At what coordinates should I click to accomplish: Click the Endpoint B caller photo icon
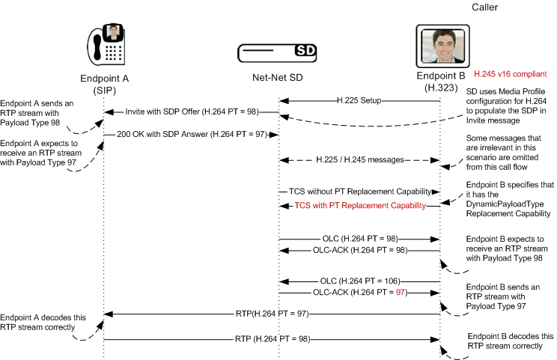(439, 46)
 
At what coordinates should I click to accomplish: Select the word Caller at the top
(484, 7)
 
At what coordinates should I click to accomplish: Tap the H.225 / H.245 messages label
(359, 159)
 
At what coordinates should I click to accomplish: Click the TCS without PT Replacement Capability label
(359, 191)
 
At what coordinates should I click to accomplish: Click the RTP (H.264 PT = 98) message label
(272, 340)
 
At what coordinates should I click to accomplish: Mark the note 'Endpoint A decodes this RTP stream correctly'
(43, 322)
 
